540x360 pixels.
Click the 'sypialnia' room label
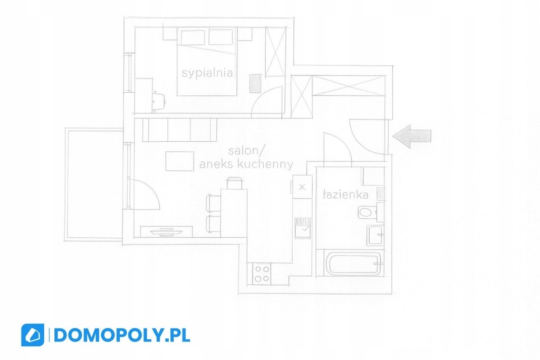click(x=207, y=73)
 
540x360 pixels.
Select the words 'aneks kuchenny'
click(x=246, y=164)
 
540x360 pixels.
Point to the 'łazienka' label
click(x=345, y=194)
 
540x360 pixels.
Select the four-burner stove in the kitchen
click(x=262, y=273)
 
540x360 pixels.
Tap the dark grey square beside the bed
click(x=255, y=83)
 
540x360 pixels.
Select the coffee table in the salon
click(x=179, y=161)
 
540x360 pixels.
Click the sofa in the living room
click(x=179, y=130)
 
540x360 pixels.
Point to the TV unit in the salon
click(x=167, y=231)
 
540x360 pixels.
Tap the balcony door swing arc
click(x=145, y=195)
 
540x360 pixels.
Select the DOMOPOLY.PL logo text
click(x=122, y=335)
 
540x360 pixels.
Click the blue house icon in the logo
click(x=33, y=335)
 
